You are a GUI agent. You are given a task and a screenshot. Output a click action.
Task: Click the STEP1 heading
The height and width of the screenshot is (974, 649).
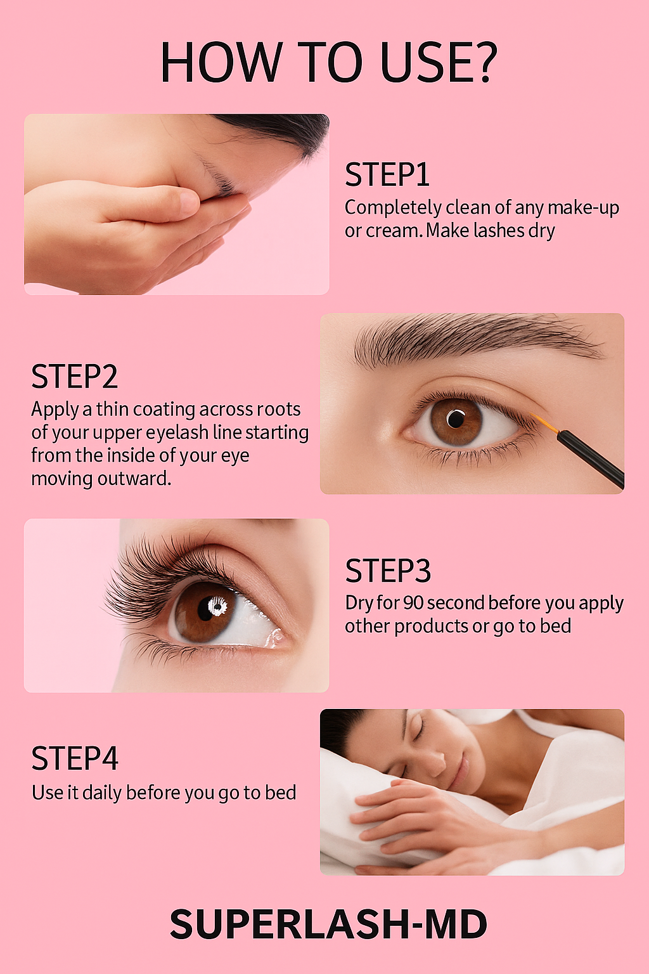point(387,175)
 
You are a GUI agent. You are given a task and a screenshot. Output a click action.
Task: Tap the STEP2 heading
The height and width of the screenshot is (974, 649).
point(75,377)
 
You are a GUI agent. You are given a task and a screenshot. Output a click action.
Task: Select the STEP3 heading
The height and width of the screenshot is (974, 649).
point(388,571)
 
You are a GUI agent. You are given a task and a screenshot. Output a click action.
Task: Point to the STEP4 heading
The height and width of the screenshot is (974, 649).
point(75,758)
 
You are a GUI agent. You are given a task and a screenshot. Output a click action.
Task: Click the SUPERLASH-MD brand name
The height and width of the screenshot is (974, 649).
point(328,925)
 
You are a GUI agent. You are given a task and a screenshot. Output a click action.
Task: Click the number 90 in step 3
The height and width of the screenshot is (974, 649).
point(413,602)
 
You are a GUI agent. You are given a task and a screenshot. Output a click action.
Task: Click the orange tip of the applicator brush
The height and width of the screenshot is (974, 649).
point(544,423)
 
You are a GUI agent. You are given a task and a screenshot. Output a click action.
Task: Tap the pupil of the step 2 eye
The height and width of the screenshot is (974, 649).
point(456,419)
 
